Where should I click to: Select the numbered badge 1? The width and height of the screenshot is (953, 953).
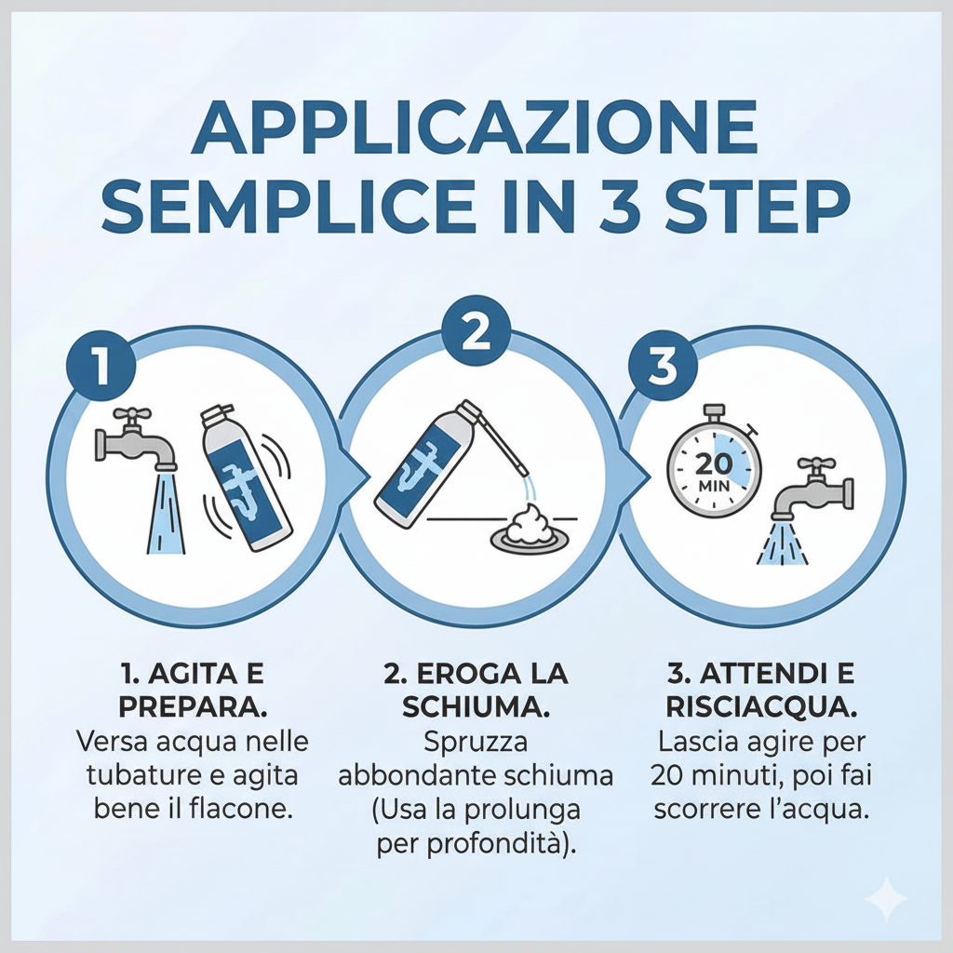click(x=101, y=365)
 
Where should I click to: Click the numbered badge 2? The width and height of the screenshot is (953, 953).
click(x=476, y=333)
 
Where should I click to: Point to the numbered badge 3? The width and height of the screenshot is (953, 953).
click(x=662, y=366)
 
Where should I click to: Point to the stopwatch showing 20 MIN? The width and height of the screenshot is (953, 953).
click(x=715, y=460)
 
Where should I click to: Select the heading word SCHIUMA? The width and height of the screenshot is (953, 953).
click(x=475, y=706)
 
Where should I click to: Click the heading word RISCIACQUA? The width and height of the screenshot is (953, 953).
click(x=761, y=706)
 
